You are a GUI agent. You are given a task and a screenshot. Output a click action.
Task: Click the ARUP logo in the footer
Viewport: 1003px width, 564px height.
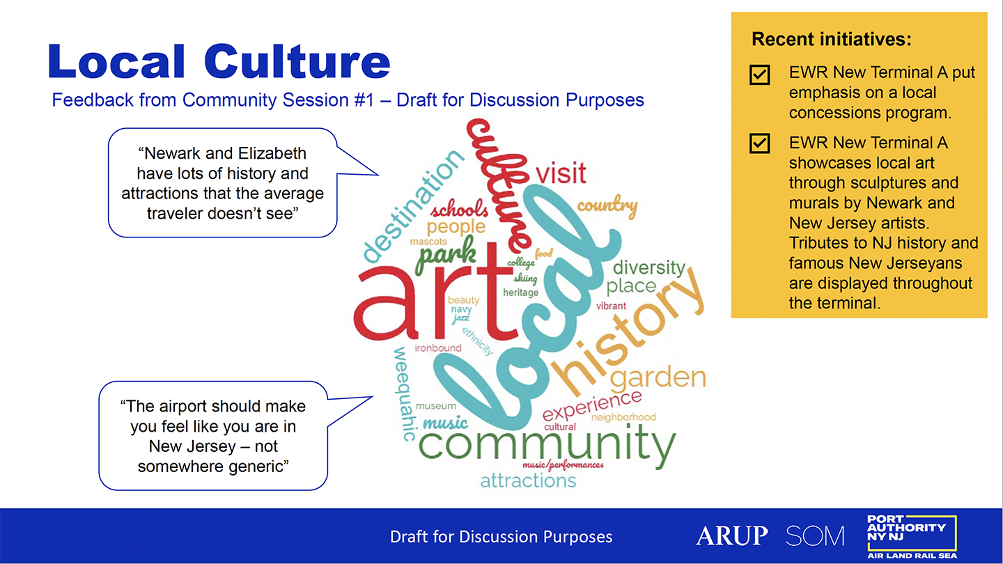tap(731, 535)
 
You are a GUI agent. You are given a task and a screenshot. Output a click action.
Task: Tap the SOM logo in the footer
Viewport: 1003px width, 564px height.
tap(815, 536)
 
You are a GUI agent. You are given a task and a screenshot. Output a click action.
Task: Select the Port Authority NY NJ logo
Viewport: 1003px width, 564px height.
tap(912, 537)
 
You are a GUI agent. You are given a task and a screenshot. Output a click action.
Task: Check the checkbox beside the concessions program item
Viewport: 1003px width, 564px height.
tap(760, 75)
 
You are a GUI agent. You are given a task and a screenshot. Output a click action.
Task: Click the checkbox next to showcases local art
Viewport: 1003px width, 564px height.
tap(760, 143)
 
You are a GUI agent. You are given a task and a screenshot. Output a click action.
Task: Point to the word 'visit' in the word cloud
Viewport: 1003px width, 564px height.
tap(561, 173)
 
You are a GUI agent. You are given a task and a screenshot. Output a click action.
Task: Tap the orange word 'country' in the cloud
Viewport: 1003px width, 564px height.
tap(607, 206)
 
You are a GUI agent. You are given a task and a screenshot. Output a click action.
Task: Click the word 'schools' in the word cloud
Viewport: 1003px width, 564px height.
tap(460, 209)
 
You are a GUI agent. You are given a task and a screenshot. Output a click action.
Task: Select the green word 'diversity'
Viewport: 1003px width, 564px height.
tap(649, 267)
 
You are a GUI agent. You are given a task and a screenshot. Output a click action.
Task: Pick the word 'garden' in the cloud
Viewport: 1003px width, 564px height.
tap(658, 378)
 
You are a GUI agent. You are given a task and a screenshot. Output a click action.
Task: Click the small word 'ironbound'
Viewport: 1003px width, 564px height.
tap(438, 348)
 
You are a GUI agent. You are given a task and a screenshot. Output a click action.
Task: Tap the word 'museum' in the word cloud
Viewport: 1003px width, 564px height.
tap(436, 406)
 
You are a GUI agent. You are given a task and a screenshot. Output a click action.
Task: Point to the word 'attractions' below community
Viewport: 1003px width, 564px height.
tap(528, 480)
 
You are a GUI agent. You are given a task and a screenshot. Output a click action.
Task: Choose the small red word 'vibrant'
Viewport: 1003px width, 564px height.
tap(611, 306)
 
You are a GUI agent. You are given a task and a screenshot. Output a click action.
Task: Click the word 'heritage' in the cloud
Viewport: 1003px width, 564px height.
tap(521, 292)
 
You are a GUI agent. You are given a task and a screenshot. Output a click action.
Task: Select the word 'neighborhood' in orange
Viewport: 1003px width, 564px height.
tap(623, 417)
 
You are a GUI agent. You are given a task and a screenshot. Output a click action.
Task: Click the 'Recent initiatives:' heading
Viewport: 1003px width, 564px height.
tap(832, 40)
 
